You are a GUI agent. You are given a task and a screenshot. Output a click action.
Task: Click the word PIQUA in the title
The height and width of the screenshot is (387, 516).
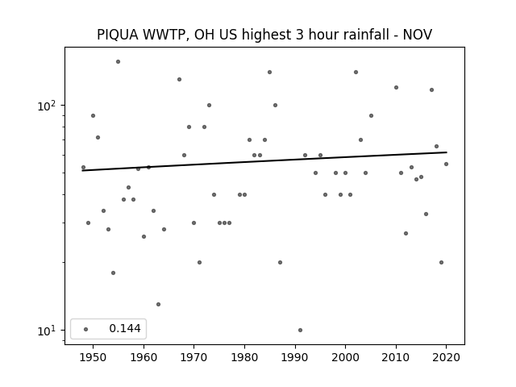118,35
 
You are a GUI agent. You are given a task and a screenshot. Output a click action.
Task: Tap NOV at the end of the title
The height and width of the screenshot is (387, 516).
418,35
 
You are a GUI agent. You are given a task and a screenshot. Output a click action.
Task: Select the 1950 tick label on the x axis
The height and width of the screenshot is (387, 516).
94,357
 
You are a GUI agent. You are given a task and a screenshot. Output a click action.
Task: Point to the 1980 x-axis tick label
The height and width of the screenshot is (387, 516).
244,357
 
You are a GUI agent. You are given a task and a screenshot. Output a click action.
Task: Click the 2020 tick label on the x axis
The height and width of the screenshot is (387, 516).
446,357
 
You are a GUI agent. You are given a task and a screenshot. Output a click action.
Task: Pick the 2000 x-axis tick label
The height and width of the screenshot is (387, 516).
345,357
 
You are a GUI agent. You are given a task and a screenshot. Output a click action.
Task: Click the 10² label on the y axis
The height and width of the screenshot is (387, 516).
47,106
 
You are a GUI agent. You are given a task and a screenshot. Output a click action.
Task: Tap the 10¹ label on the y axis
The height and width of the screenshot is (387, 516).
47,331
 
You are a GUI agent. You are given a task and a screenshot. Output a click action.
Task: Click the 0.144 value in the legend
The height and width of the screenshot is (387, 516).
125,328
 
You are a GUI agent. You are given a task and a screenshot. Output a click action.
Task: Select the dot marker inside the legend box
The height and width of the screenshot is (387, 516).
86,329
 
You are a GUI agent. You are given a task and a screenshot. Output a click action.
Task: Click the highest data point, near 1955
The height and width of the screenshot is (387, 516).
119,62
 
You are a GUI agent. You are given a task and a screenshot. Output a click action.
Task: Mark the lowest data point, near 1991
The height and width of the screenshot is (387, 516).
300,330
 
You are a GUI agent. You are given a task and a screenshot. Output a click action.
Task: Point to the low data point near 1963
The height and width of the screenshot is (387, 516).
158,305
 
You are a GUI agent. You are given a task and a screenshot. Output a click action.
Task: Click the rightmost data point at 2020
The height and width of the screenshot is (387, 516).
446,164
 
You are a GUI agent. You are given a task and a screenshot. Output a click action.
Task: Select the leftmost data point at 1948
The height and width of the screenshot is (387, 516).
83,168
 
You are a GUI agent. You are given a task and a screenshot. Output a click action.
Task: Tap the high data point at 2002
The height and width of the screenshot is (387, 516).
356,72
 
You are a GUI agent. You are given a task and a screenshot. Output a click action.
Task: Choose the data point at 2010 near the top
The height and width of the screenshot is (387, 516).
396,88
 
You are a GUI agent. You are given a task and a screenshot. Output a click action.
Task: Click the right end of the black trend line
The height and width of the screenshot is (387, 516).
447,152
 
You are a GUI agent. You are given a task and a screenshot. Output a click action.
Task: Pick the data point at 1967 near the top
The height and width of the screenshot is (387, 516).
179,79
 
